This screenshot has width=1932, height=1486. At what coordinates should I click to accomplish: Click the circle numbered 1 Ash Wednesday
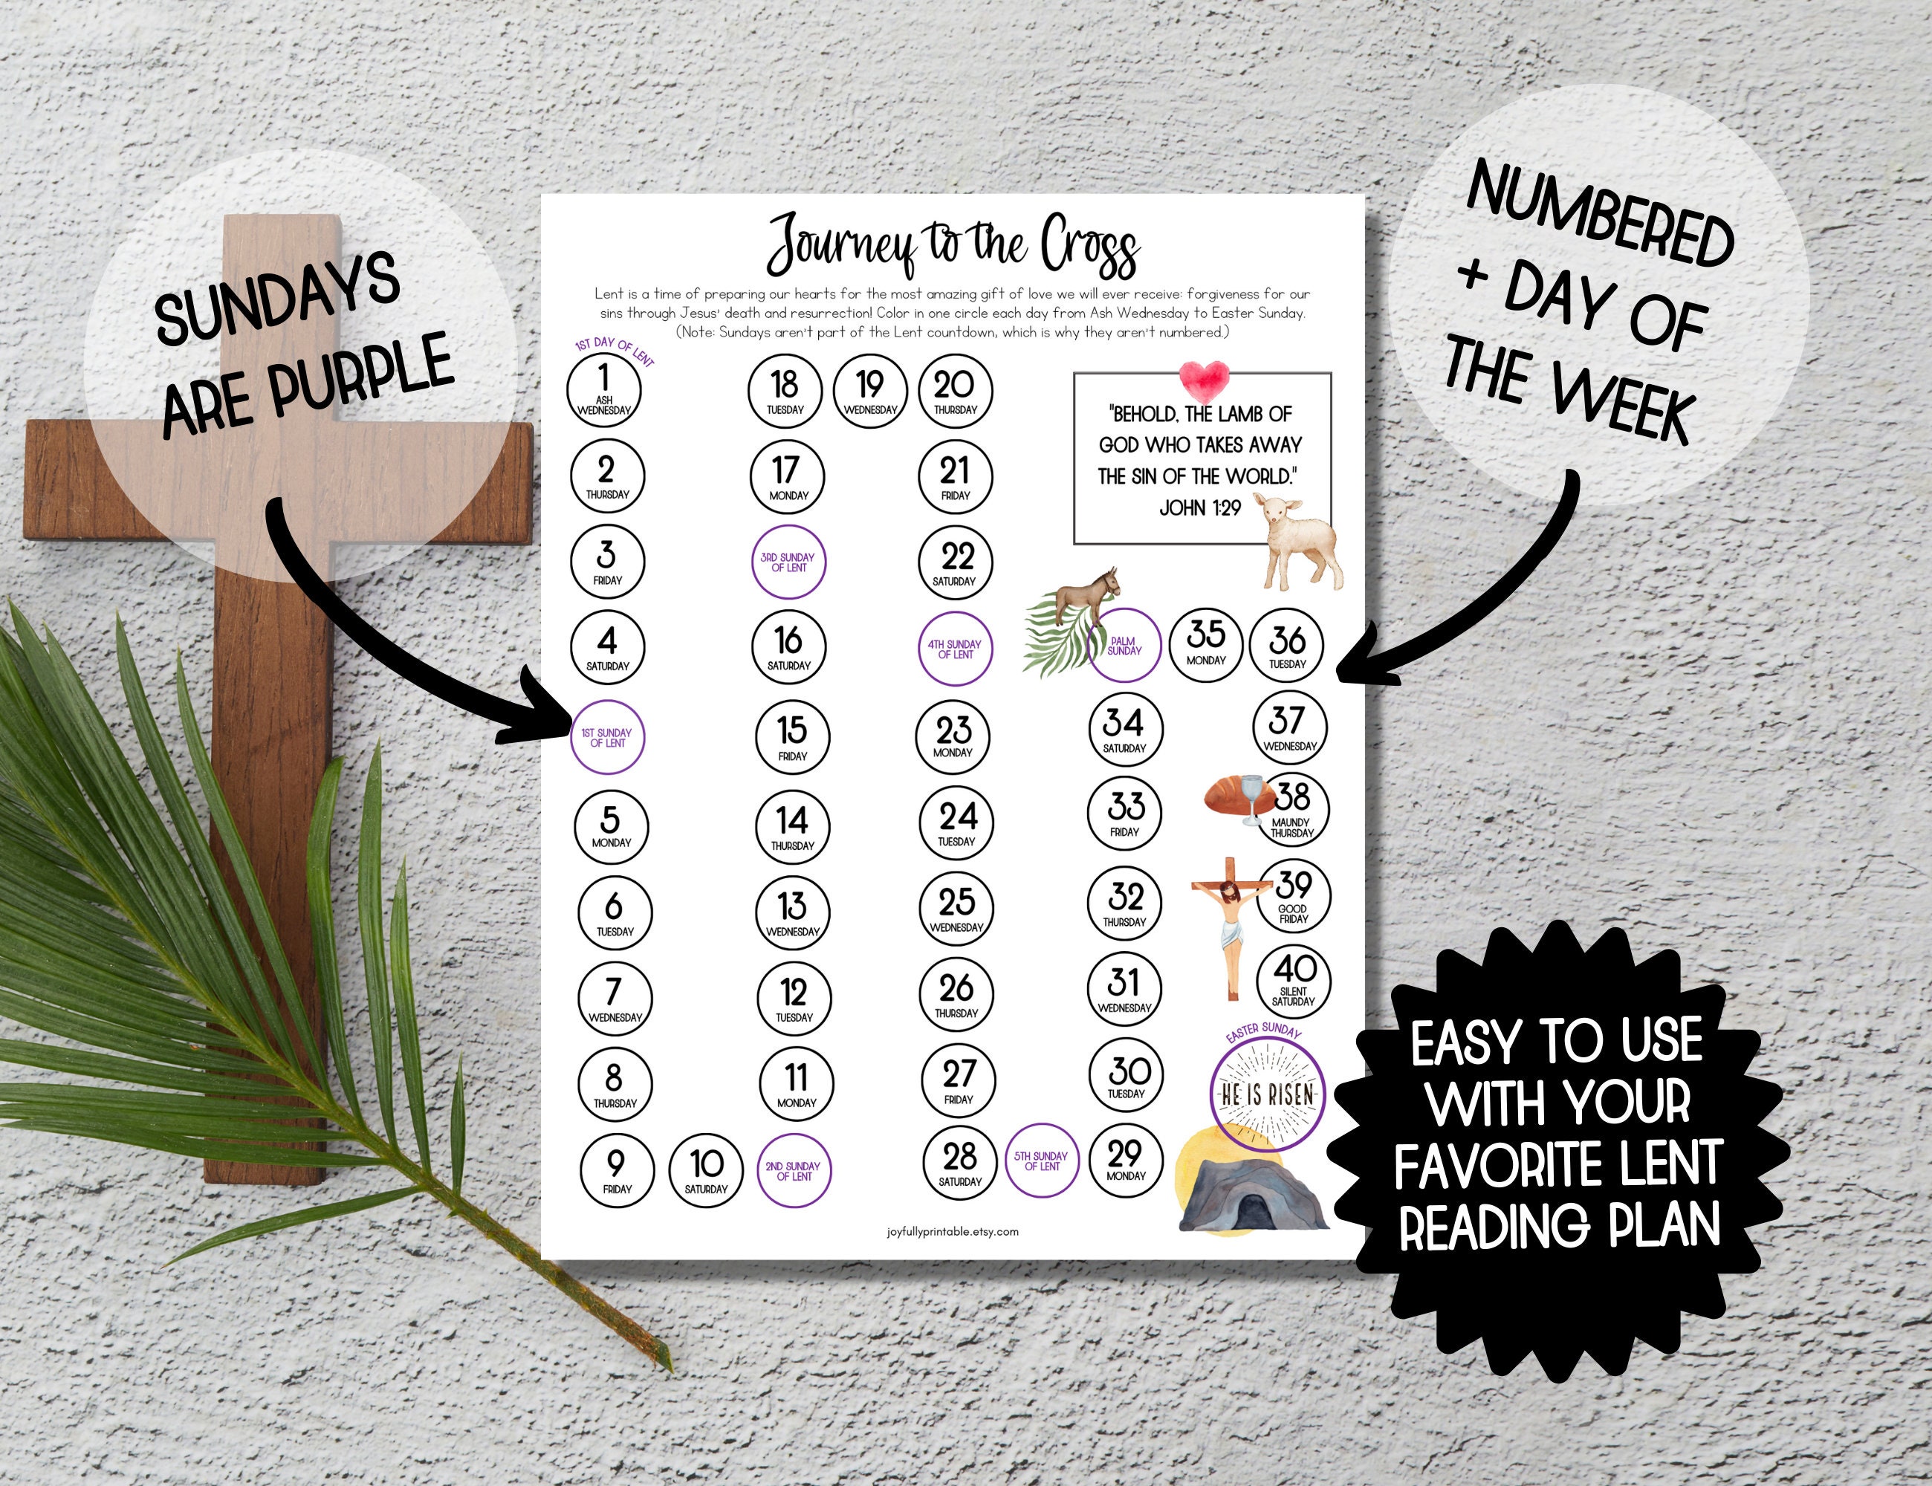[604, 390]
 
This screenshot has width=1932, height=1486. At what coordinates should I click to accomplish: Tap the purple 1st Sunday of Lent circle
[607, 738]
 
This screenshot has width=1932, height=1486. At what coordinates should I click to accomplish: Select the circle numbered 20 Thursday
[956, 390]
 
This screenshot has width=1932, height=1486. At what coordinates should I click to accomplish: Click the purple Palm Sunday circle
[1124, 646]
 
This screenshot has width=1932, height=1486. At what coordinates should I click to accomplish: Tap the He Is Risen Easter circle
[1267, 1095]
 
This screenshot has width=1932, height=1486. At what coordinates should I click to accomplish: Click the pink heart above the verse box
[1203, 377]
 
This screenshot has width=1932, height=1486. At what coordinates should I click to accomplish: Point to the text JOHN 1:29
[1199, 507]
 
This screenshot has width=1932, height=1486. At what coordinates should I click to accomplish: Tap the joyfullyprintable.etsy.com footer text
[952, 1231]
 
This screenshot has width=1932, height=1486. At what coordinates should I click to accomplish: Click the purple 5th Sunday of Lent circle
[1042, 1161]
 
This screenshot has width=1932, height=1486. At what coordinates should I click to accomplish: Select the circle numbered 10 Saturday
[707, 1169]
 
